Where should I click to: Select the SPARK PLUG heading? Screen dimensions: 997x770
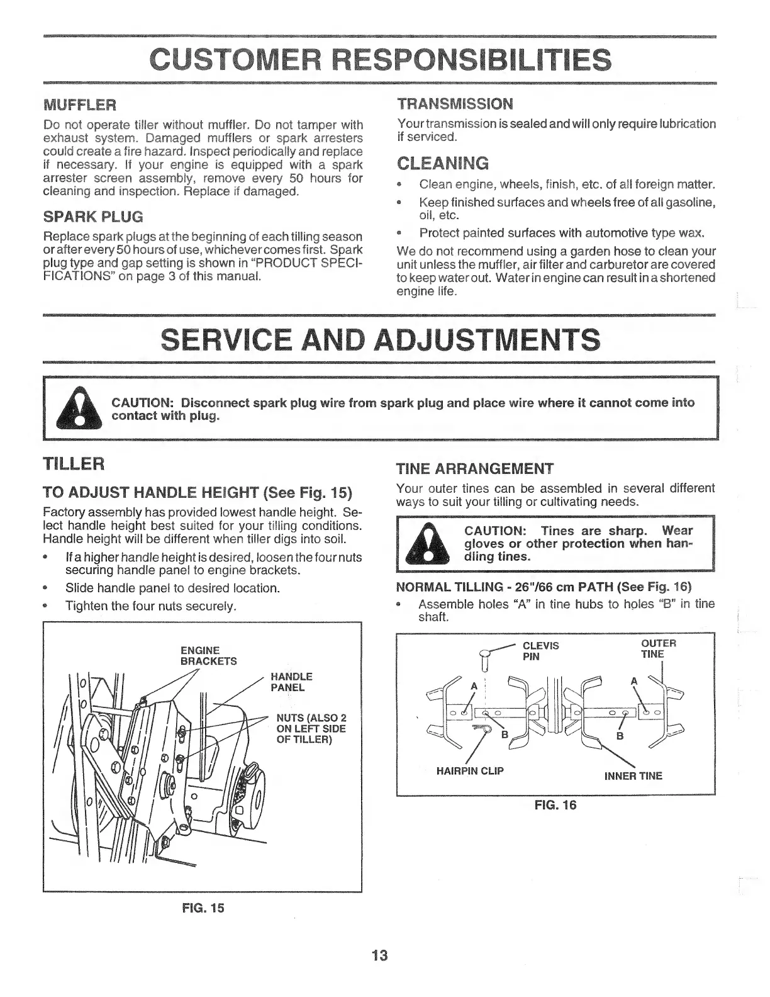93,217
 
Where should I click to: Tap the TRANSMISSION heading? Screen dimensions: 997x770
455,103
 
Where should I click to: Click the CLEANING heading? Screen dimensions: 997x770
443,164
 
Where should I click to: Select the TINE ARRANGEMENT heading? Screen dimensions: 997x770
474,469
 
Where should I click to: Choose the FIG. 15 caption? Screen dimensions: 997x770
203,908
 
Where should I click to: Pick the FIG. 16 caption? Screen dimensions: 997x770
555,805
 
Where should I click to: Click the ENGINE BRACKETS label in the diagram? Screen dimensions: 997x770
200,655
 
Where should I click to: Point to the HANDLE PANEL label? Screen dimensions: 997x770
291,682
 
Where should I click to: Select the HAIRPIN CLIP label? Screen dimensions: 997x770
470,770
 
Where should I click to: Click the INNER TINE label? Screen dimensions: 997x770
633,776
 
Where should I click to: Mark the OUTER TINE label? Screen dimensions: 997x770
658,648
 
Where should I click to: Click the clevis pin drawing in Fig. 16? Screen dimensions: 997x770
485,660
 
